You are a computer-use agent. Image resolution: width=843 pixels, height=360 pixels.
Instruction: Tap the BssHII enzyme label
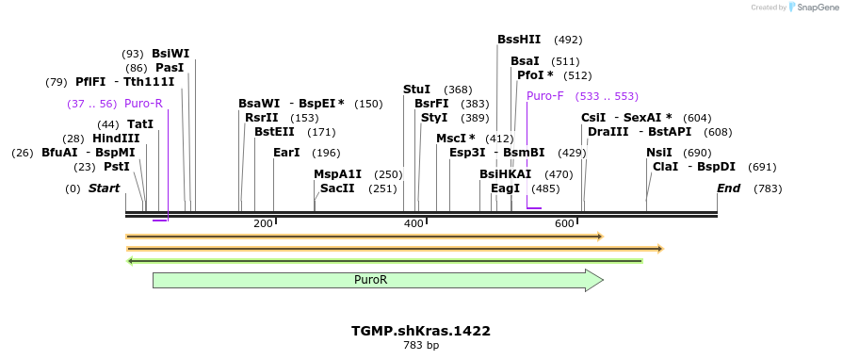pos(519,40)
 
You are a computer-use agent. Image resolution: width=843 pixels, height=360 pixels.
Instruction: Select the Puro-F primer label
pos(544,96)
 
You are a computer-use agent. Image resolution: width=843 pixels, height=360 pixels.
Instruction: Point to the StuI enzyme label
pos(416,90)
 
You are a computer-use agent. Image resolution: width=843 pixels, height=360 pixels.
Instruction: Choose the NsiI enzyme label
pos(659,153)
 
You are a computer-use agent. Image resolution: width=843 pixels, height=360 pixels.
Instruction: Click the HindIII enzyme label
pos(116,139)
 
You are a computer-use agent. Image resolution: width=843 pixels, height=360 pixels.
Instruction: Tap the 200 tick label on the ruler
pos(263,223)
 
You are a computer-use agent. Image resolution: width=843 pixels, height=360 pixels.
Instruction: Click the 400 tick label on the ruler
pos(413,223)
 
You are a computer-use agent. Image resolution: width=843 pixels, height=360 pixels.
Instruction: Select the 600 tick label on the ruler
pos(564,223)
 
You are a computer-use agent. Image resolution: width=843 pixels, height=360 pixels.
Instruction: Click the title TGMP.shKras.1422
pos(421,331)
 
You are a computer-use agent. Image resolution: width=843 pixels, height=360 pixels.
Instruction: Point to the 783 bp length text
pos(421,346)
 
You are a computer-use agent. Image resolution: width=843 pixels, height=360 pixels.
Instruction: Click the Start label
pos(104,188)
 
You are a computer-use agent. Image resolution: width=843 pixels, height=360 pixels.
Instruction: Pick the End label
pos(728,188)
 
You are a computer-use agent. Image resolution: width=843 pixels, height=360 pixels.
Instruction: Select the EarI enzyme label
pos(286,153)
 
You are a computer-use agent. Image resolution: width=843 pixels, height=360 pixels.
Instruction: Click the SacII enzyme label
pos(337,188)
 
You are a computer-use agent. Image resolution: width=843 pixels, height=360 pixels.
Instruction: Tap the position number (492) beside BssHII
pos(568,40)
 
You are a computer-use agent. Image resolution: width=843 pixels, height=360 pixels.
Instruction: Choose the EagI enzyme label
pos(505,188)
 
